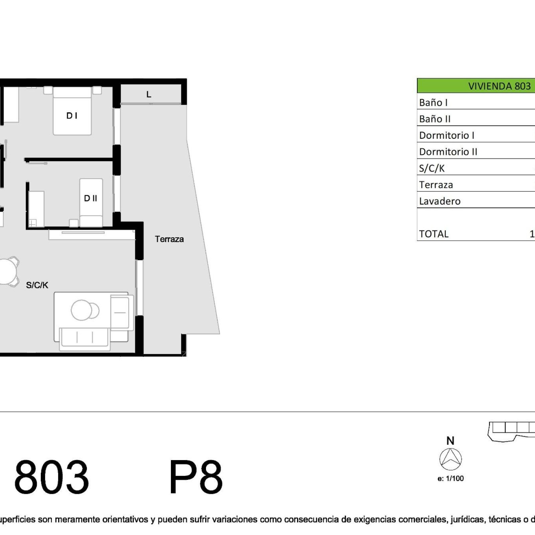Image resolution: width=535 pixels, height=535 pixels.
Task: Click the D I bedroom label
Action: pos(72,116)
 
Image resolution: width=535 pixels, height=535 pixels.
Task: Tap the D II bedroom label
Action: pos(90,198)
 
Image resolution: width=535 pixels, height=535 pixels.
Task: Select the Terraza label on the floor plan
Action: pos(169,239)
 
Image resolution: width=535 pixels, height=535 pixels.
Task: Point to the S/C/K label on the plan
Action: pos(37,285)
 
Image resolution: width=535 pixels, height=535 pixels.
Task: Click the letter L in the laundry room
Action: pos(149,95)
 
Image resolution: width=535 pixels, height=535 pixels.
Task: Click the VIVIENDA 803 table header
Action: pos(499,86)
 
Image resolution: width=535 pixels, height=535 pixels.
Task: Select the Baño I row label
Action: pos(433,103)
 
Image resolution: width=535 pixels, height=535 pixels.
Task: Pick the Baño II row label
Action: pos(435,119)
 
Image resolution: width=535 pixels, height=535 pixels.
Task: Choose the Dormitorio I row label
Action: pos(447,135)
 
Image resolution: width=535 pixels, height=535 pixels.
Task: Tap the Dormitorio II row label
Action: pos(448,152)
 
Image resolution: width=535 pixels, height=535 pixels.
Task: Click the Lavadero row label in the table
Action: pos(440,201)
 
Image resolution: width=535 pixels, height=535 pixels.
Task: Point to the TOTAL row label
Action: pos(434,234)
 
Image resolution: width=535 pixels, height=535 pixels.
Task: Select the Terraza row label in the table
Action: pos(436,185)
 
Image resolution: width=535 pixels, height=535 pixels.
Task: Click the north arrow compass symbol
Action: pos(450,459)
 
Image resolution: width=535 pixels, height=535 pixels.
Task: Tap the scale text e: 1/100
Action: pos(450,478)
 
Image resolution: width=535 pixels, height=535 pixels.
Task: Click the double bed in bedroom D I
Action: pos(72,111)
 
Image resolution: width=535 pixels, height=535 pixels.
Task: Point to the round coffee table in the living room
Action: pos(81,310)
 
